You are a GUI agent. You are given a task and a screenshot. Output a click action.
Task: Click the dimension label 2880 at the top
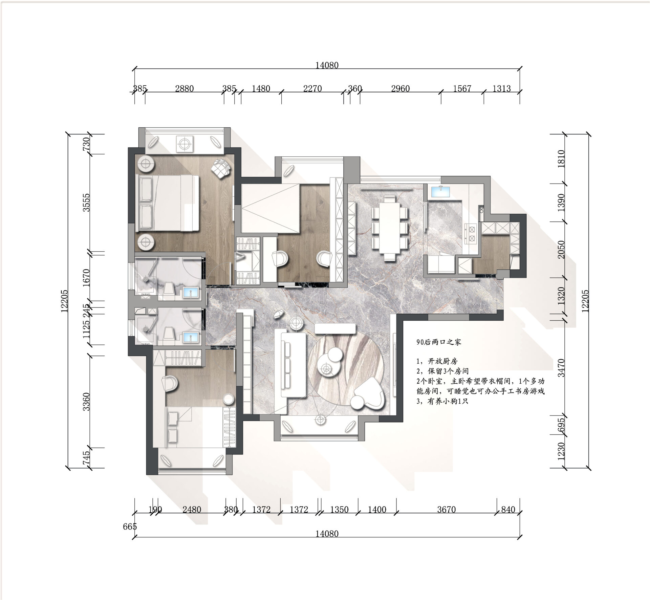184,89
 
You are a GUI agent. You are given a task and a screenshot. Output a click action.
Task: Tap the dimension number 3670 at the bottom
446,510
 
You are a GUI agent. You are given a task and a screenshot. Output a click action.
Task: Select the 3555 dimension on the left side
87,202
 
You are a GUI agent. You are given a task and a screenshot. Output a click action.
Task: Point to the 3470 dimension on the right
561,368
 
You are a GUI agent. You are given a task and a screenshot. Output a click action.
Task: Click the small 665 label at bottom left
130,527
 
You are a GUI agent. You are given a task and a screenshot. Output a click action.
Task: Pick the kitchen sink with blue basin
440,192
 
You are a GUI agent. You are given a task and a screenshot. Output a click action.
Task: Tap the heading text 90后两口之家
439,342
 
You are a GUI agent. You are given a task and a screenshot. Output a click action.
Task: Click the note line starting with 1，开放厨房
437,361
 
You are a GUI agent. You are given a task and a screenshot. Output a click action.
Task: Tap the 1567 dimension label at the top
462,89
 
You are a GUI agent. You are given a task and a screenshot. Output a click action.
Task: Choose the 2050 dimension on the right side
561,250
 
